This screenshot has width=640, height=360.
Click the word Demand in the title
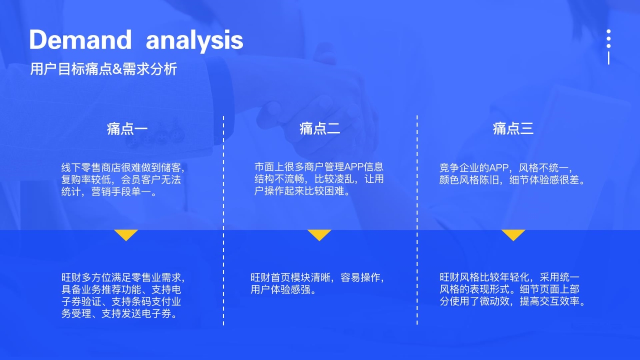[80, 39]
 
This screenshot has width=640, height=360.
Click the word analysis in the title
[194, 41]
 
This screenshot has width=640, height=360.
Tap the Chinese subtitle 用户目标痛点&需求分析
[103, 69]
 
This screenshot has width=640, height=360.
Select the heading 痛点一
[127, 128]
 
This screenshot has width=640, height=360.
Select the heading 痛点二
[319, 128]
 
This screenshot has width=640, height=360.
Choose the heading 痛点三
[513, 128]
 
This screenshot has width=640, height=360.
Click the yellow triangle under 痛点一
[126, 235]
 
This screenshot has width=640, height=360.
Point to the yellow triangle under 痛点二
[319, 235]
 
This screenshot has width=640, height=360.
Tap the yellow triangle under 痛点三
[513, 235]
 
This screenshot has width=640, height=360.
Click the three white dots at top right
[608, 38]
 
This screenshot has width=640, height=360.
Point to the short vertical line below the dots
[608, 58]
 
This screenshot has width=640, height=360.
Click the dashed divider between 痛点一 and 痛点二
[223, 220]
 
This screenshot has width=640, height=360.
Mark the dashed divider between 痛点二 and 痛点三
[417, 220]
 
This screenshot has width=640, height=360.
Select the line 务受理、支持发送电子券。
[119, 313]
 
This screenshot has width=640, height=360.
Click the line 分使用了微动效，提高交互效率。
[513, 301]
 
